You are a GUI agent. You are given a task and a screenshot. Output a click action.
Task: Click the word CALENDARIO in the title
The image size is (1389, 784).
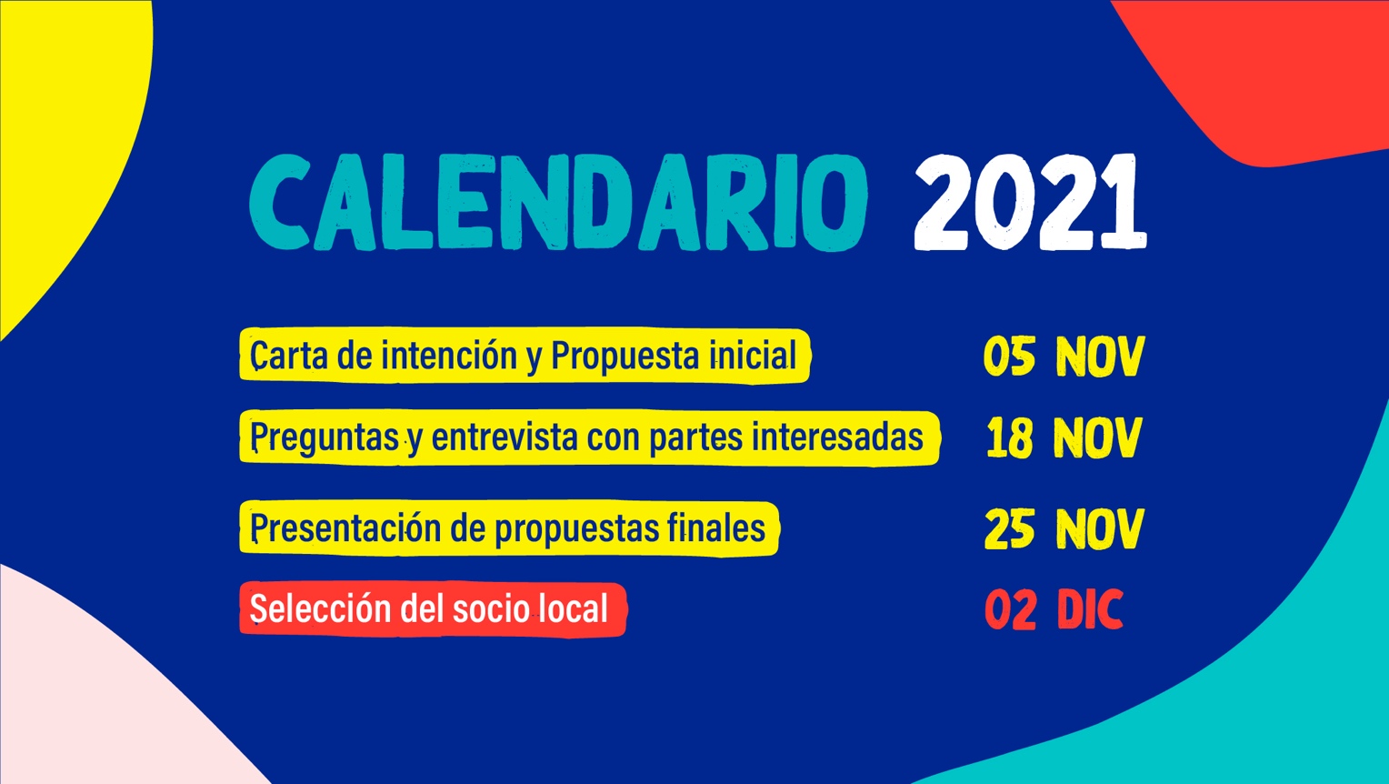[x=558, y=203]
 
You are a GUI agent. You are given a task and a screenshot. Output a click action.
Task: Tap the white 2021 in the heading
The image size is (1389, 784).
[x=1030, y=202]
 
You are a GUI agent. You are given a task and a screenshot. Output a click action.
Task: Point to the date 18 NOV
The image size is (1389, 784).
[x=1064, y=437]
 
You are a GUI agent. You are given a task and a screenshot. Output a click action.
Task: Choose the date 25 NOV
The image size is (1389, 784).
[x=1064, y=529]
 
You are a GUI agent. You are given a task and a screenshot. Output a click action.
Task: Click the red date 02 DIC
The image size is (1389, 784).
[x=1054, y=609]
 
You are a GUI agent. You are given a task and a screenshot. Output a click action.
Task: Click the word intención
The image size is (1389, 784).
[x=449, y=356]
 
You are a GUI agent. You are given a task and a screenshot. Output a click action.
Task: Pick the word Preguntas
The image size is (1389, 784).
[x=325, y=437]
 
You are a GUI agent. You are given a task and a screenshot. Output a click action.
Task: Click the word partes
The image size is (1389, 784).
[x=695, y=437]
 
